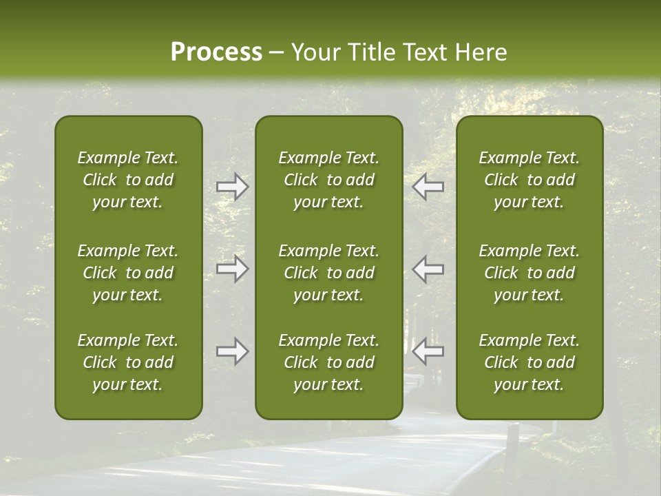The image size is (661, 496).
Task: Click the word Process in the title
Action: tap(216, 52)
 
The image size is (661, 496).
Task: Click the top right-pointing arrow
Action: tap(232, 187)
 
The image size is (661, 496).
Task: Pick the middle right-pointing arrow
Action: tap(232, 269)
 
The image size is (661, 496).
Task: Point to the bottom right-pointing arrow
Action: tap(232, 351)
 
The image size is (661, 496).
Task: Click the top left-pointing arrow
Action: tap(428, 187)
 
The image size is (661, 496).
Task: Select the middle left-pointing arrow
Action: tap(428, 269)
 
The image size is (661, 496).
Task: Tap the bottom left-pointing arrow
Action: tap(428, 351)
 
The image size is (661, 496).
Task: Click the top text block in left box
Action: tap(128, 180)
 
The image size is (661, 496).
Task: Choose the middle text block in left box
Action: tap(128, 273)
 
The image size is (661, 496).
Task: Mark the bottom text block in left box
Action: tap(128, 362)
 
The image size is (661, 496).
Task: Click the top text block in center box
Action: tap(328, 180)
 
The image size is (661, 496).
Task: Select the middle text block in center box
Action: tap(328, 273)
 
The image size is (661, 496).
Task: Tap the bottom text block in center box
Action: tap(328, 362)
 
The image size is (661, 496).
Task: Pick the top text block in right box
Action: tap(529, 180)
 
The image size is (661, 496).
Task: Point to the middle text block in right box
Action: tap(529, 273)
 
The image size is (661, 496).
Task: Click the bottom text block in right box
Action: tap(529, 362)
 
